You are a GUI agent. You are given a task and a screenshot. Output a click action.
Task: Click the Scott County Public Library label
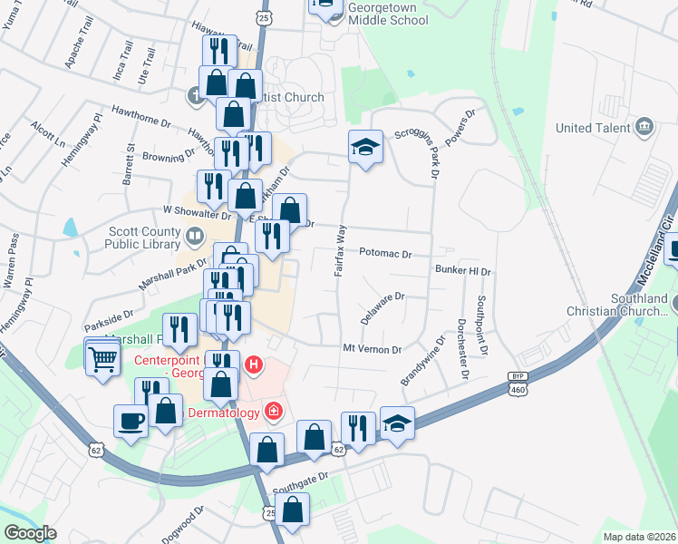pyautogui.click(x=143, y=238)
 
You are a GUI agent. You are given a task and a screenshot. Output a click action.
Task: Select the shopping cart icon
pyautogui.click(x=102, y=359)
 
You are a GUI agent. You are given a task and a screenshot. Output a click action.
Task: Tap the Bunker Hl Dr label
pyautogui.click(x=462, y=271)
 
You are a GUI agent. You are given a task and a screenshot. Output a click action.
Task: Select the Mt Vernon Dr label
pyautogui.click(x=372, y=349)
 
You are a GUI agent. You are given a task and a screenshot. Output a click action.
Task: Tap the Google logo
pyautogui.click(x=30, y=533)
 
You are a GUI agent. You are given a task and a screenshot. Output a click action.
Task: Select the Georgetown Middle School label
pyautogui.click(x=376, y=12)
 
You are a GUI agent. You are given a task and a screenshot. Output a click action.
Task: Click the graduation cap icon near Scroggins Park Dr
pyautogui.click(x=365, y=148)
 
